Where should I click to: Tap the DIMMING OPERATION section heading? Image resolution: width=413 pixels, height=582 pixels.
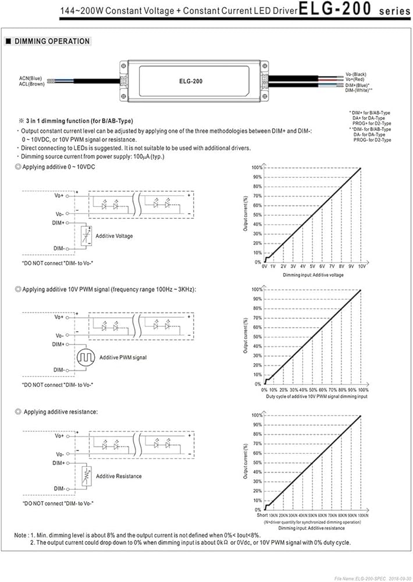[x=52, y=41]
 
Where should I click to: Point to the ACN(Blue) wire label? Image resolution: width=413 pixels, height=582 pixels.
[x=31, y=78]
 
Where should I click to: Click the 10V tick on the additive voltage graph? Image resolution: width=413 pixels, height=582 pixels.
[x=361, y=266]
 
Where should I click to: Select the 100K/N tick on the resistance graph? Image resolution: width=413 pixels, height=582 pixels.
[x=362, y=516]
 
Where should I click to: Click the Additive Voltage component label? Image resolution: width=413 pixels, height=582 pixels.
[x=115, y=236]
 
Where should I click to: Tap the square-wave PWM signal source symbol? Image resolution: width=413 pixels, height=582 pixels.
[x=86, y=356]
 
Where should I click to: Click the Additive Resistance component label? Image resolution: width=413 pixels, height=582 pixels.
[x=119, y=476]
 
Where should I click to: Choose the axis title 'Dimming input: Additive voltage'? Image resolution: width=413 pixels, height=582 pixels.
[x=313, y=274]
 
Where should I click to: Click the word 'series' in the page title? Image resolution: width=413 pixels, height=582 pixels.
[x=390, y=11]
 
